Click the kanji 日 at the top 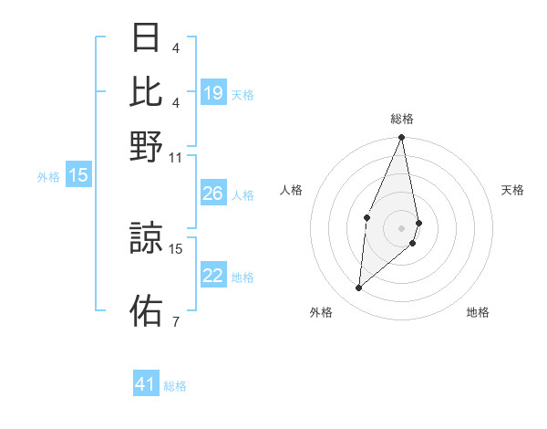point(146,38)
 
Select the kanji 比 point(146,91)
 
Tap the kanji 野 point(146,146)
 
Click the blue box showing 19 point(213,93)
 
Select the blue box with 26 point(213,194)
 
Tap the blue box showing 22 point(213,276)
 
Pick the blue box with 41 point(146,384)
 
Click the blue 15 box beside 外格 point(78,176)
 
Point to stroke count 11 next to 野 point(176,157)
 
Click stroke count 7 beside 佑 point(175,321)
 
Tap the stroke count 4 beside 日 point(175,47)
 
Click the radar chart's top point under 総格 point(401,138)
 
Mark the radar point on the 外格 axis point(359,288)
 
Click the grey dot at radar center point(401,227)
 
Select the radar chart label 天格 point(512,190)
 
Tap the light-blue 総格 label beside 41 point(175,386)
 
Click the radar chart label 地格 point(478,312)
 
